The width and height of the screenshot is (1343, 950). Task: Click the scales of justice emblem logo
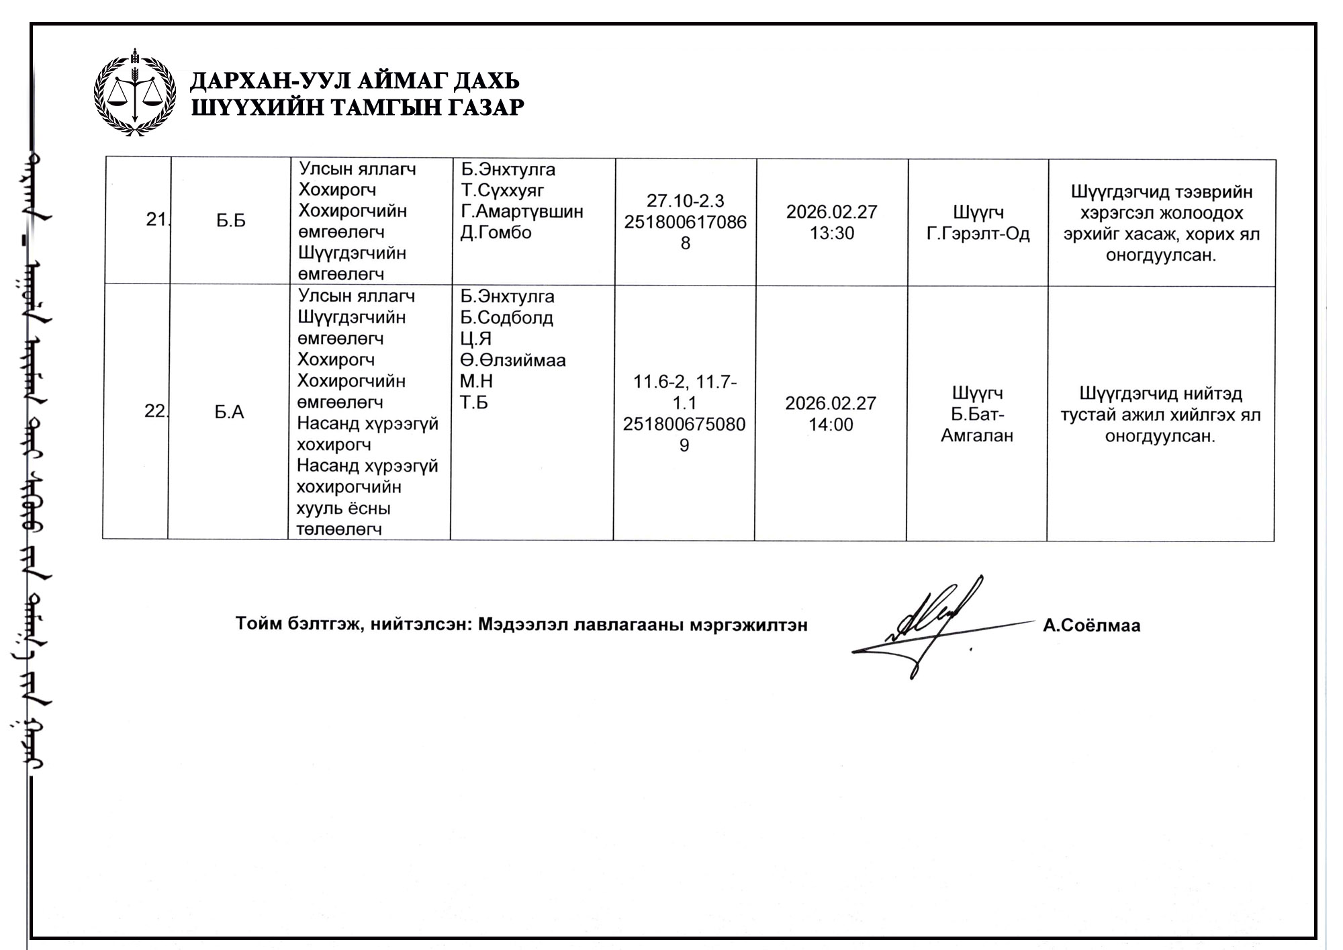(135, 93)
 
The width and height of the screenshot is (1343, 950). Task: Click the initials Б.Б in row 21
(230, 221)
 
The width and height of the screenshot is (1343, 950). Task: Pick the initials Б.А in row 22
(229, 412)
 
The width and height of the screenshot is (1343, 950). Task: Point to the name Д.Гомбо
(496, 232)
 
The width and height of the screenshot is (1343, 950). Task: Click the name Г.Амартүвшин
(522, 212)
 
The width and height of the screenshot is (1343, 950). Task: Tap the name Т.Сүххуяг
(502, 190)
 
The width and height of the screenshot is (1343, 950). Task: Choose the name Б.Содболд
(506, 317)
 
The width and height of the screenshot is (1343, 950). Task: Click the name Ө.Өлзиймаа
(512, 360)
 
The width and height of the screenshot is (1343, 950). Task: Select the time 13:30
(831, 233)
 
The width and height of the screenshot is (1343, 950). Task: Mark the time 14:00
(831, 425)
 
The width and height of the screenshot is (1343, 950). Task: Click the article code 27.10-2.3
(685, 201)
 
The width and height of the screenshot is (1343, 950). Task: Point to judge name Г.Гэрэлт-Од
(978, 234)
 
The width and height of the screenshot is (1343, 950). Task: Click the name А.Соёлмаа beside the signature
(1091, 625)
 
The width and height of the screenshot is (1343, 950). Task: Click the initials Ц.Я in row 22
(475, 339)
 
